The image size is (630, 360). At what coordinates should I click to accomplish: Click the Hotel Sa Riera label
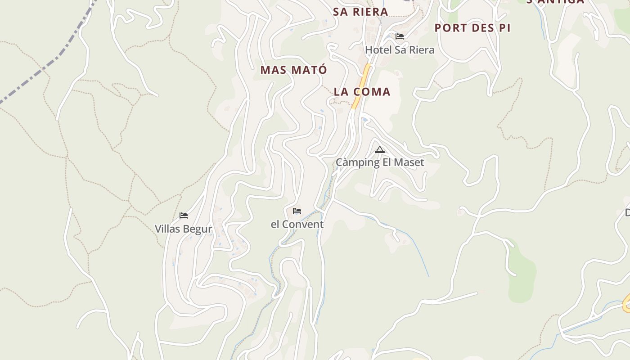[400, 49]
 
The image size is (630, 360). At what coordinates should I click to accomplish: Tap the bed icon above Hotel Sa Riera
[400, 36]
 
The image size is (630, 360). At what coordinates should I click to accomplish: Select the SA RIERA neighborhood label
[360, 12]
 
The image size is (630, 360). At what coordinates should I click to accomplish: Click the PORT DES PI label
[472, 28]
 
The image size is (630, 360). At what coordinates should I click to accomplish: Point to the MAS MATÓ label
[294, 70]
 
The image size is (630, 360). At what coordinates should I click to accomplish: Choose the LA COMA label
[362, 92]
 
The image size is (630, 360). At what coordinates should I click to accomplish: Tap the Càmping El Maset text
[380, 162]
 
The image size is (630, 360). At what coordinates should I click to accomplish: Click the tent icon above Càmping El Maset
[380, 150]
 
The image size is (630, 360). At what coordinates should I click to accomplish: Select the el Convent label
[297, 224]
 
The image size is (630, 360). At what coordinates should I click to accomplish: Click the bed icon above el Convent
[297, 211]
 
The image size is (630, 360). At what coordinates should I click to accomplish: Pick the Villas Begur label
[184, 229]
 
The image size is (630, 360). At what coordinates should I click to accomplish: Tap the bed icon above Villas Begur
[184, 216]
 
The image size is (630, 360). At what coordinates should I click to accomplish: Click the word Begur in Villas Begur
[198, 229]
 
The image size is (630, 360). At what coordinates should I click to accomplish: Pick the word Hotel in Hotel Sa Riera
[378, 49]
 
